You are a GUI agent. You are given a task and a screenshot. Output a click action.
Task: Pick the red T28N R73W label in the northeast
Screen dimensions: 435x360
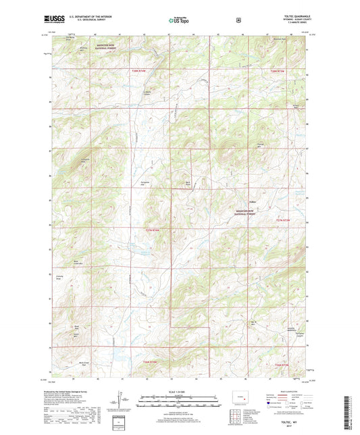[278, 71]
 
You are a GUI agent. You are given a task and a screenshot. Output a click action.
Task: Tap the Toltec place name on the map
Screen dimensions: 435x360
[252, 200]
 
